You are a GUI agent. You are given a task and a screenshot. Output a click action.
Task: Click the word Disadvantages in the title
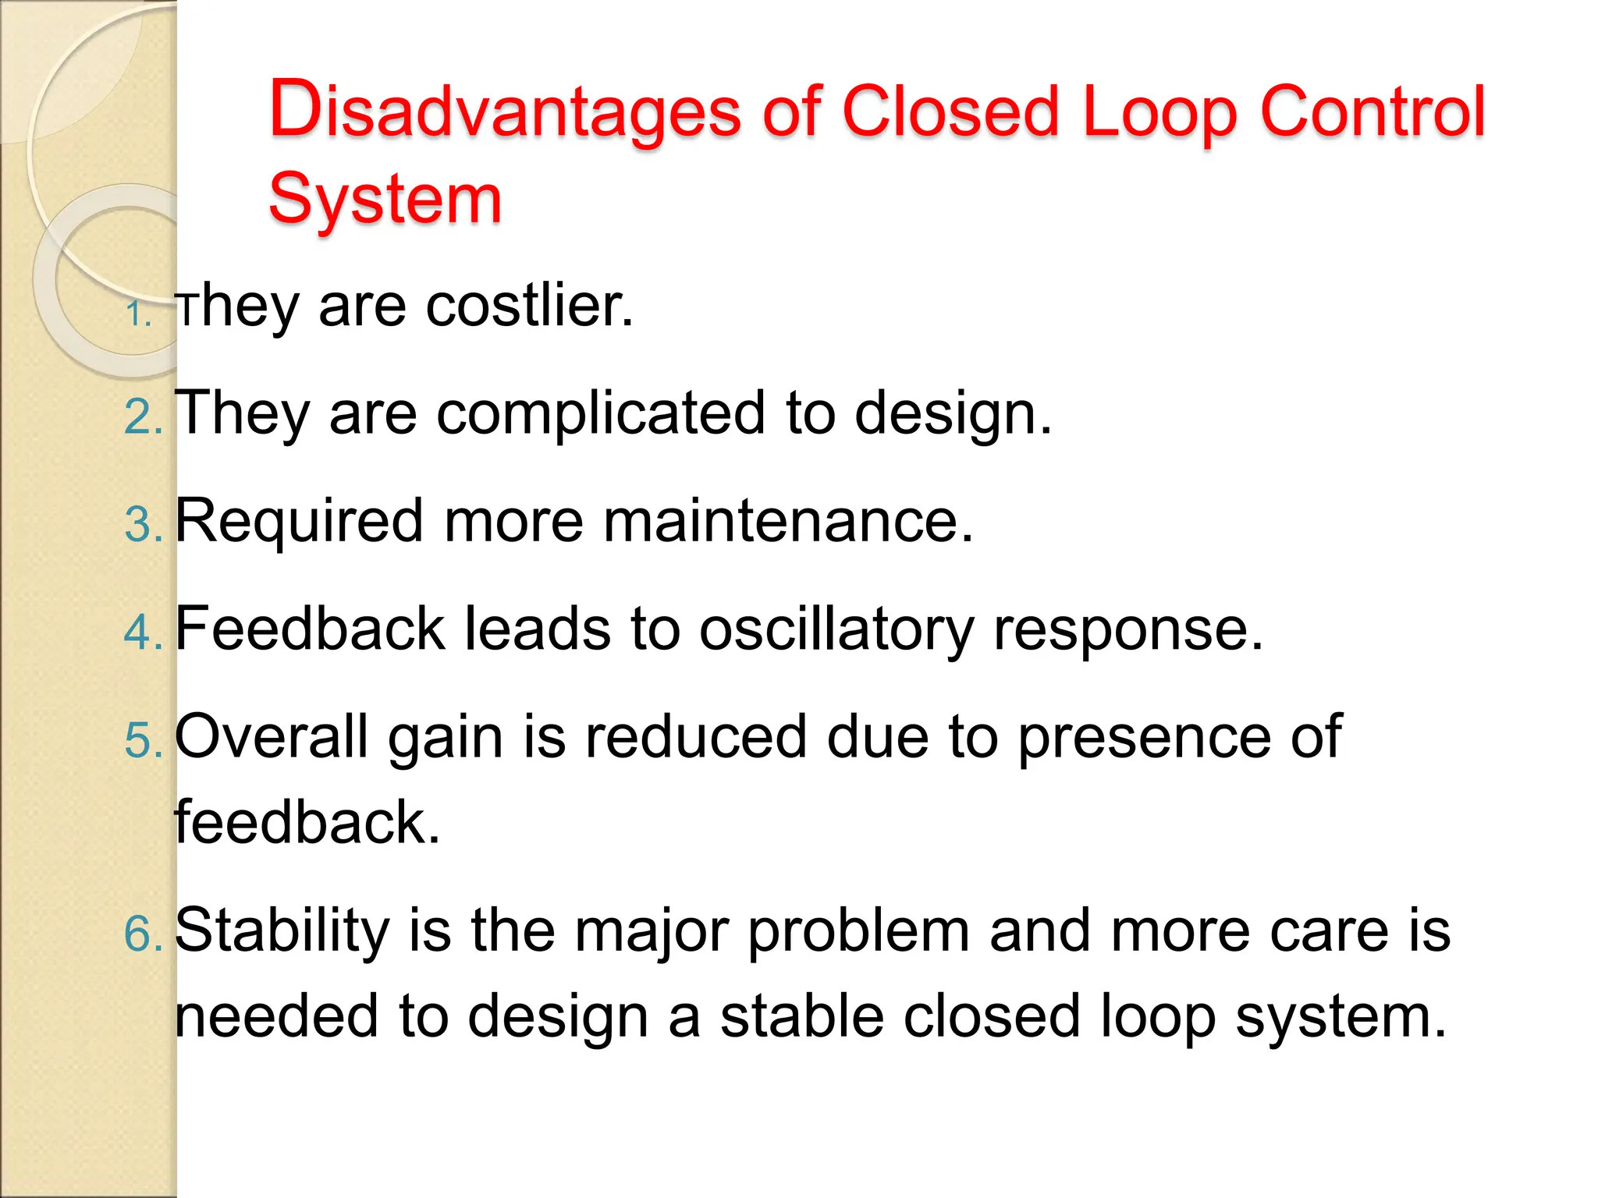pyautogui.click(x=504, y=111)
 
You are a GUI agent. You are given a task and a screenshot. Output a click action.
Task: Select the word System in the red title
pyautogui.click(x=385, y=199)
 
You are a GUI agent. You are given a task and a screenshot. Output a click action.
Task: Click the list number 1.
pyautogui.click(x=137, y=315)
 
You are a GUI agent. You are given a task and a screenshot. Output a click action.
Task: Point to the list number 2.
pyautogui.click(x=142, y=417)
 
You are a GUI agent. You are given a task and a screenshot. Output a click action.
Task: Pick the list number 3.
pyautogui.click(x=142, y=524)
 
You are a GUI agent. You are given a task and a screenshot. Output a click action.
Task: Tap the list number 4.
pyautogui.click(x=142, y=632)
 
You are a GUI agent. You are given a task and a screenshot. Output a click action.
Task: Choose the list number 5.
pyautogui.click(x=142, y=739)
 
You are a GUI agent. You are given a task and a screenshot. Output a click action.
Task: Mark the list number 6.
pyautogui.click(x=142, y=934)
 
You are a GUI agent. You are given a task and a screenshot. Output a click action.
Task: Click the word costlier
pyautogui.click(x=529, y=306)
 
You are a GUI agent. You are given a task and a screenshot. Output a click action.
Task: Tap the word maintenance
pyautogui.click(x=788, y=521)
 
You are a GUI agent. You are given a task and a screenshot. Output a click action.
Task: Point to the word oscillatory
pyautogui.click(x=836, y=629)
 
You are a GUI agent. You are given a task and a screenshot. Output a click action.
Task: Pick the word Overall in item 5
pyautogui.click(x=271, y=736)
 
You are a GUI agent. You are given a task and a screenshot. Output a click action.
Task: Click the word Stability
pyautogui.click(x=282, y=930)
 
